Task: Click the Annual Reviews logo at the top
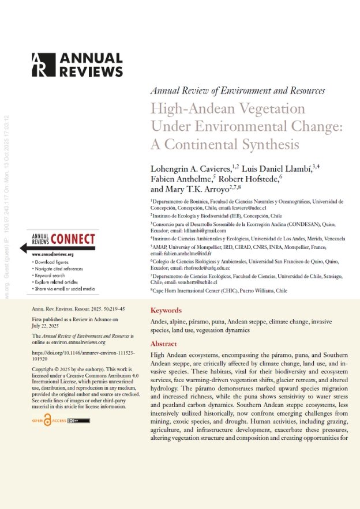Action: click(77, 65)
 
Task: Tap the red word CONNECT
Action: click(73, 238)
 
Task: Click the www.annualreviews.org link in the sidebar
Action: click(53, 254)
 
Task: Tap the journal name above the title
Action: click(237, 91)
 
